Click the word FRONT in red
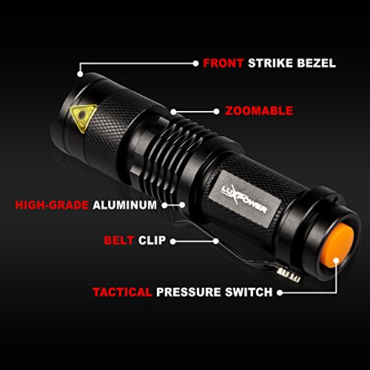point(223,63)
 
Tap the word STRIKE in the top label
point(270,63)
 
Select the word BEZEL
point(317,63)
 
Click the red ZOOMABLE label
point(259,111)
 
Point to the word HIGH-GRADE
point(52,205)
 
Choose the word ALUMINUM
point(124,205)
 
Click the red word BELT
point(119,240)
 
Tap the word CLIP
point(152,240)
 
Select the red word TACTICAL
point(122,292)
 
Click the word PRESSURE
point(189,292)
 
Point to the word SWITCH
point(249,292)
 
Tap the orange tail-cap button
point(337,246)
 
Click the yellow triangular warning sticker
point(83,116)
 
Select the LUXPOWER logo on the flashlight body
point(244,199)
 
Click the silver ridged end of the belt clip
point(289,275)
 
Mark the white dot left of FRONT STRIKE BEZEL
point(195,64)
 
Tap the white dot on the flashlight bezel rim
point(80,74)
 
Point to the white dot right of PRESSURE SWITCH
point(280,292)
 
